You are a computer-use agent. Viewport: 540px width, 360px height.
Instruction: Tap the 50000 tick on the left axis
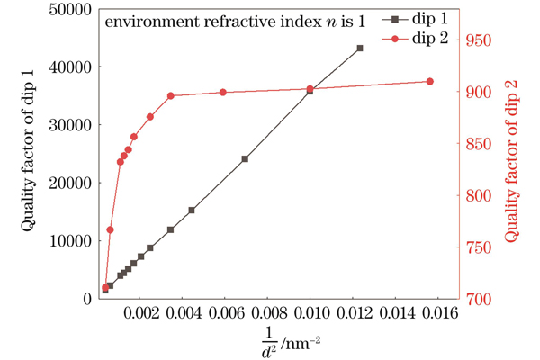point(68,10)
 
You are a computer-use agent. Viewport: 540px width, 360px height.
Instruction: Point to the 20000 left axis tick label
point(68,183)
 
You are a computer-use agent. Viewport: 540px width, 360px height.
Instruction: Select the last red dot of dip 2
point(430,82)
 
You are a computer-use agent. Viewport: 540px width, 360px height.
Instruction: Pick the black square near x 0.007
point(245,159)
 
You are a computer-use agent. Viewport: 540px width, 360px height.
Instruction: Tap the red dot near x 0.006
point(222,93)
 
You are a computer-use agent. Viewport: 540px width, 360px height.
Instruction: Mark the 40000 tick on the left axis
point(68,67)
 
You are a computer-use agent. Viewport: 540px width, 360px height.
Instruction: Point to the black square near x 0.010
point(310,92)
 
